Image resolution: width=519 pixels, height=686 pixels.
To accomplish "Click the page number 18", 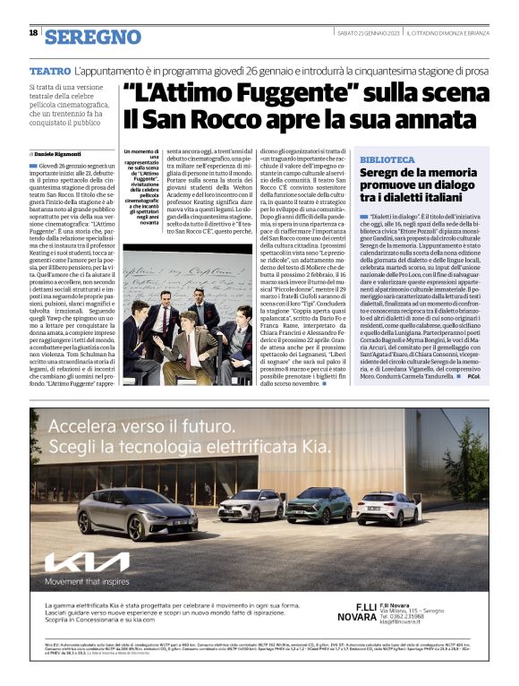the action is click(33, 33).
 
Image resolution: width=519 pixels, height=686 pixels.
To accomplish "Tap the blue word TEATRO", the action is click(49, 69).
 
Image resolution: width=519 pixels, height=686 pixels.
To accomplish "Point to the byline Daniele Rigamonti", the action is click(65, 155).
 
